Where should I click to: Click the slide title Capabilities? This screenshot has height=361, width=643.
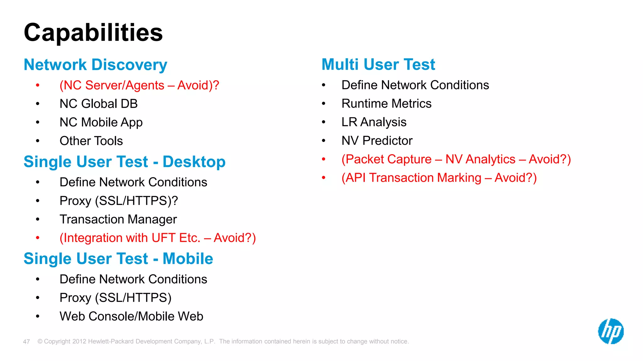pyautogui.click(x=93, y=33)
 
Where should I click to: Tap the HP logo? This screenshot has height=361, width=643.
pyautogui.click(x=611, y=331)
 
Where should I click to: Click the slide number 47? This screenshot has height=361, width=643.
pyautogui.click(x=26, y=342)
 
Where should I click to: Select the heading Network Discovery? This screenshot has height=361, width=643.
pyautogui.click(x=95, y=65)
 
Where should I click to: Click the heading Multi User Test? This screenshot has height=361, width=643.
pyautogui.click(x=378, y=65)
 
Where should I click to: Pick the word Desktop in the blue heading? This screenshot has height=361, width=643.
pyautogui.click(x=194, y=162)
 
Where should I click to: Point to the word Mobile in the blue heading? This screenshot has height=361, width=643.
pyautogui.click(x=188, y=259)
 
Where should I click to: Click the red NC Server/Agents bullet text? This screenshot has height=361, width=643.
pyautogui.click(x=139, y=85)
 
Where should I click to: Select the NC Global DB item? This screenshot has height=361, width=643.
pyautogui.click(x=99, y=104)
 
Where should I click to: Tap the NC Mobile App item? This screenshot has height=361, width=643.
pyautogui.click(x=101, y=122)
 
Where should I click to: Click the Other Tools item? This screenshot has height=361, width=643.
pyautogui.click(x=91, y=141)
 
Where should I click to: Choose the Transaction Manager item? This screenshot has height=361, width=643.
pyautogui.click(x=118, y=219)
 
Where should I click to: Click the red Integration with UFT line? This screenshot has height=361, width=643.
pyautogui.click(x=158, y=238)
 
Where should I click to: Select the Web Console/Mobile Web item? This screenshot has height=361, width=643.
pyautogui.click(x=131, y=316)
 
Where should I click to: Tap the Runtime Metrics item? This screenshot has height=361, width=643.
pyautogui.click(x=386, y=104)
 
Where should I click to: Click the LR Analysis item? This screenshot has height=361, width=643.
pyautogui.click(x=374, y=122)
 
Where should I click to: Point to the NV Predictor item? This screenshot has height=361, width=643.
pyautogui.click(x=377, y=141)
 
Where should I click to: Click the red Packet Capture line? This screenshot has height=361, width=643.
pyautogui.click(x=456, y=159)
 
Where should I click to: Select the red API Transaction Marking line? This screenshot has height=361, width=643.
pyautogui.click(x=439, y=178)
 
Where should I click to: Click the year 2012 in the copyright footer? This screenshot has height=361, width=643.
pyautogui.click(x=79, y=342)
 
